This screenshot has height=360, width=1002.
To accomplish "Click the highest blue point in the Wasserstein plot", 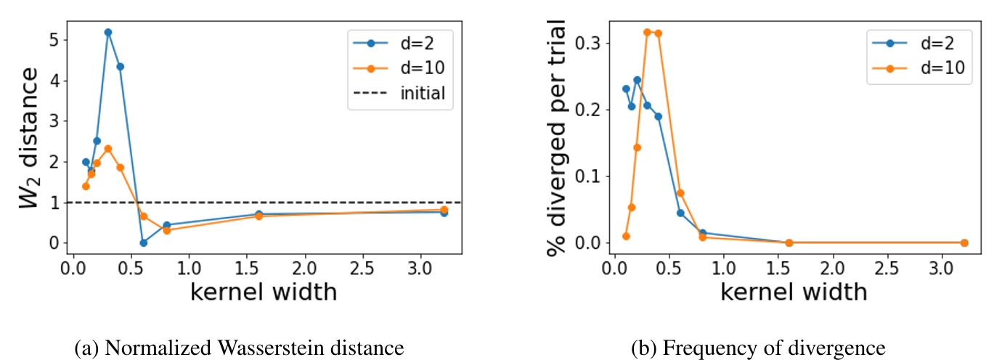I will [108, 32].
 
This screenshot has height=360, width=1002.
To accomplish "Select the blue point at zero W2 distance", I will [143, 242].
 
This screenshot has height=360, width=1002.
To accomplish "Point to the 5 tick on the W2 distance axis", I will [53, 40].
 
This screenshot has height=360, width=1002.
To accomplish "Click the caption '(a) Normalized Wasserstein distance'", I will [240, 348].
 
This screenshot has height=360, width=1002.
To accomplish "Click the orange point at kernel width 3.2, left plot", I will [444, 210].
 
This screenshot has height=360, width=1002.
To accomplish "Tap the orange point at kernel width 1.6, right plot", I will [789, 242].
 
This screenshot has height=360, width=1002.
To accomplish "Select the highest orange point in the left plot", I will [108, 149].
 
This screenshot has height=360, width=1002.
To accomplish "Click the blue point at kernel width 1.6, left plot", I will [258, 214].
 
